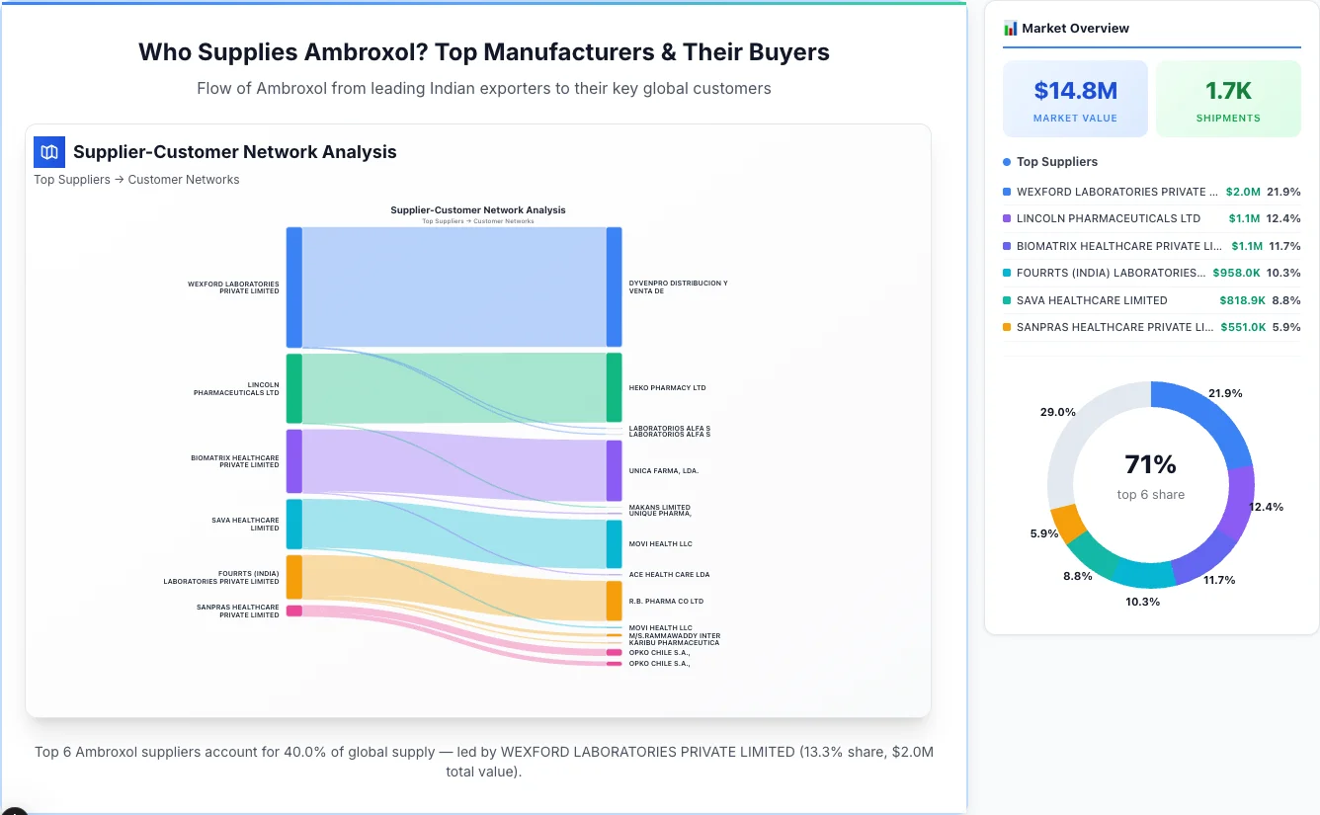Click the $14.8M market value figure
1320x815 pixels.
1075,91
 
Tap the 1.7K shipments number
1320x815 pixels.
1228,91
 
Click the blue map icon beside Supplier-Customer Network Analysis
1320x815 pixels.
49,152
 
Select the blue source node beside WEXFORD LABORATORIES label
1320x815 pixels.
294,287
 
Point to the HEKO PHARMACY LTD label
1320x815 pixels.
667,388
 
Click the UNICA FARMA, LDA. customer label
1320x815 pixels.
663,471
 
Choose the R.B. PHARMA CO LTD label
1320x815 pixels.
666,601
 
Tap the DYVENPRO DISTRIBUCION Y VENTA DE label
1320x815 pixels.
678,287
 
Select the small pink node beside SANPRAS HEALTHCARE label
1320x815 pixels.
294,611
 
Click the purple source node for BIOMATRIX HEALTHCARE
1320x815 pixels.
294,461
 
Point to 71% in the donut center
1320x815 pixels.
1150,464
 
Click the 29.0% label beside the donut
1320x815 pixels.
1057,412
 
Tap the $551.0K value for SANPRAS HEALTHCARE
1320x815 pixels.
1243,327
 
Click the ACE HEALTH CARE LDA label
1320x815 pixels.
669,574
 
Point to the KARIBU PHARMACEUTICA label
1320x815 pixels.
674,642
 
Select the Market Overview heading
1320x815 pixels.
1075,29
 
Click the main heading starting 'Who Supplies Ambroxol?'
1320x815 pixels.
483,52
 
